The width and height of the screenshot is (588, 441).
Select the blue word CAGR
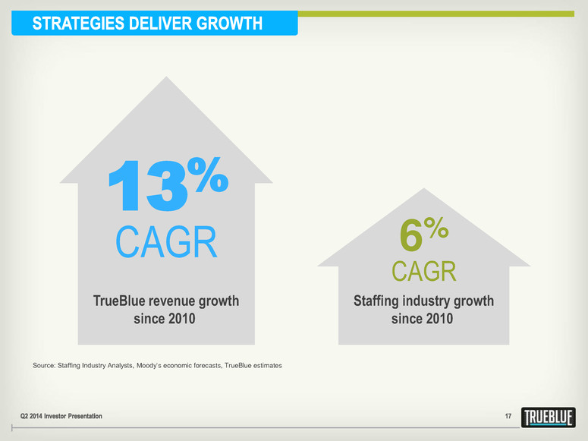click(x=166, y=244)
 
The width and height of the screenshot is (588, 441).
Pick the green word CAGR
click(x=424, y=271)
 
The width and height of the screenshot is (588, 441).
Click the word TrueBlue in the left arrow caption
click(x=120, y=301)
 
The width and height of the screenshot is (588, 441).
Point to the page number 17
click(x=509, y=417)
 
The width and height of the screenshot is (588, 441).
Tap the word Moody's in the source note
click(x=157, y=366)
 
